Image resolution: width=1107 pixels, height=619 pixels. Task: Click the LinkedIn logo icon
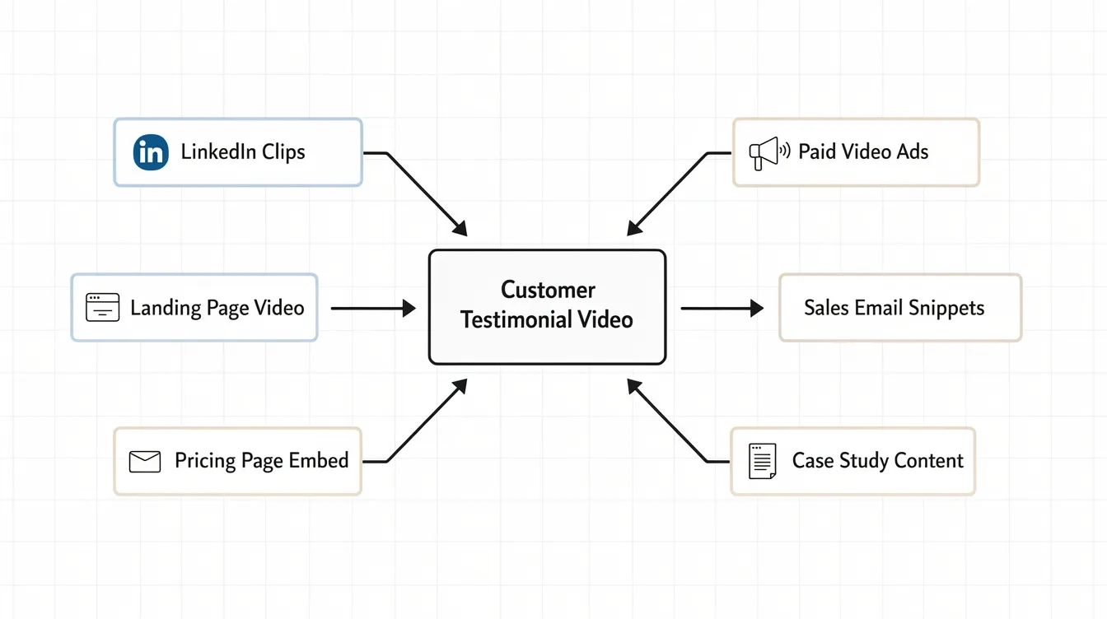coord(151,152)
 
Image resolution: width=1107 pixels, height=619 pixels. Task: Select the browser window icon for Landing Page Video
coord(103,308)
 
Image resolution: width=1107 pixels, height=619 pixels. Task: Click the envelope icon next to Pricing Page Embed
coord(145,461)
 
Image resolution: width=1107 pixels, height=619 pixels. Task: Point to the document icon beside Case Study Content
coord(762,461)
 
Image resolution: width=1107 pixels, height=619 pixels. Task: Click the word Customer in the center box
coord(548,290)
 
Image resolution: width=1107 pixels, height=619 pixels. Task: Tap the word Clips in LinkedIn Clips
coord(283,152)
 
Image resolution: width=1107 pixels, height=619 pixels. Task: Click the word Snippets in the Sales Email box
coord(946,309)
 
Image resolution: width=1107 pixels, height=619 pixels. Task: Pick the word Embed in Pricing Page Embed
coord(320,461)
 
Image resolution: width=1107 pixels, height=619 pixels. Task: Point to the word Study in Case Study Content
coord(867,461)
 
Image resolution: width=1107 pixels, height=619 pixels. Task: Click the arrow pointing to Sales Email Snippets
coord(722,309)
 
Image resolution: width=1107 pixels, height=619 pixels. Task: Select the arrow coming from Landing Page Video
coord(373,309)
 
